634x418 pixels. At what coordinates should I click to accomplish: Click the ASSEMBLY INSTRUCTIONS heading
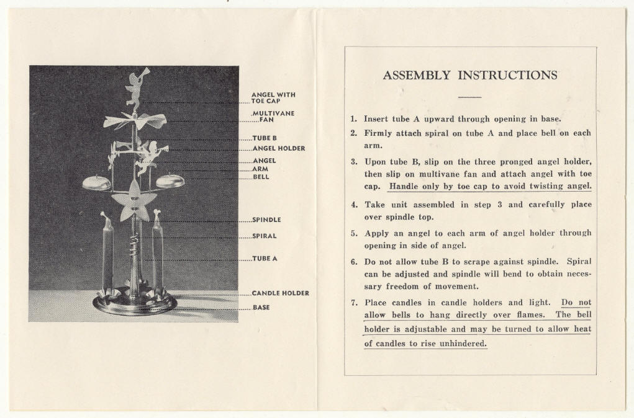(x=470, y=76)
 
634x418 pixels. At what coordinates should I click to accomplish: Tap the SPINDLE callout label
(x=267, y=220)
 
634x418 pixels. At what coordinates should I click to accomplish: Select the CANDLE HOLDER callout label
(x=281, y=293)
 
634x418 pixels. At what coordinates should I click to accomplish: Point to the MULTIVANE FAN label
(x=273, y=117)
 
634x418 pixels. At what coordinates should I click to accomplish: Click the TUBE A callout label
(x=265, y=259)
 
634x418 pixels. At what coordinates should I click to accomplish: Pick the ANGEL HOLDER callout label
(x=279, y=149)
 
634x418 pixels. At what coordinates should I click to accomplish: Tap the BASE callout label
(x=261, y=308)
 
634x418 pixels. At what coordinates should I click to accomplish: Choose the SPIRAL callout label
(x=265, y=236)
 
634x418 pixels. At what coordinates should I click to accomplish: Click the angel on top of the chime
(x=135, y=87)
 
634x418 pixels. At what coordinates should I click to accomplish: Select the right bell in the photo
(x=170, y=181)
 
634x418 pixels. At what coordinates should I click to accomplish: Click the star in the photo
(x=131, y=199)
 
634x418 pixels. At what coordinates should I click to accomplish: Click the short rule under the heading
(x=469, y=97)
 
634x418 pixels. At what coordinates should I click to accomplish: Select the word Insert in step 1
(x=376, y=118)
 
